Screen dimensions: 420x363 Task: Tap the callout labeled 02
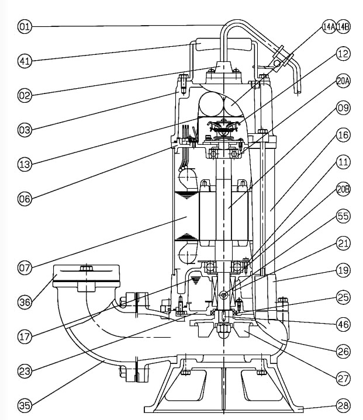pos(25,96)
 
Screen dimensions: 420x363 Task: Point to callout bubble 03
pos(25,130)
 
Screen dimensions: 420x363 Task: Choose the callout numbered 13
pos(25,165)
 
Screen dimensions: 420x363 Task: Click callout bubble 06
pos(25,199)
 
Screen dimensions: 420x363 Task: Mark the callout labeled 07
pos(25,268)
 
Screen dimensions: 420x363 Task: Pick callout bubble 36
pos(25,302)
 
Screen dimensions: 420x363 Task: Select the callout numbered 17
pos(25,336)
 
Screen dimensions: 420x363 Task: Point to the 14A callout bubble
pos(329,26)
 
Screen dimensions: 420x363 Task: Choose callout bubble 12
pos(343,54)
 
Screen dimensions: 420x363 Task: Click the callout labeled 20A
pos(343,82)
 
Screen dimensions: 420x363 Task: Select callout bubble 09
pos(343,107)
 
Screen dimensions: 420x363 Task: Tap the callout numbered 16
pos(343,135)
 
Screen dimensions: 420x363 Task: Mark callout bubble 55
pos(343,216)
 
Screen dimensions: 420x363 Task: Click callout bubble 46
pos(343,322)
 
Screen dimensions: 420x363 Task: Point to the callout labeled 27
pos(343,379)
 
